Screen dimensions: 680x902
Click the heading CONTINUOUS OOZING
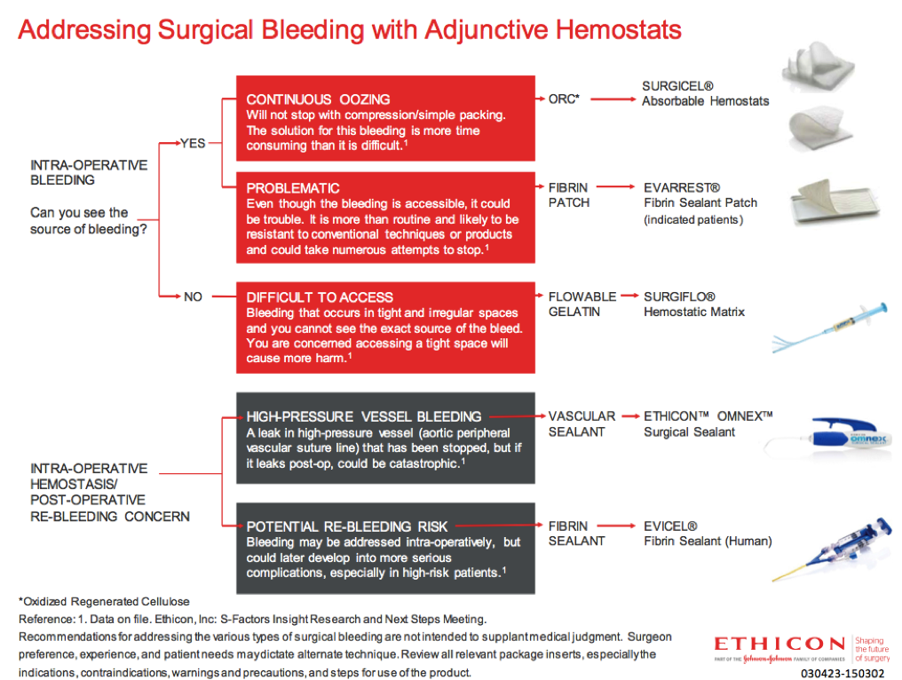[x=318, y=99]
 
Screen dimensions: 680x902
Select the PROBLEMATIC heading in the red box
[x=293, y=188]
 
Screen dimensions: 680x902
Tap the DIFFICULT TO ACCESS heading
[x=320, y=297]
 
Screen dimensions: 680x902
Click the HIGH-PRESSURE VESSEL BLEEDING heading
[x=364, y=416]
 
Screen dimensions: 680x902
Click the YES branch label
[x=193, y=143]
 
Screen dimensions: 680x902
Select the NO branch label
[x=193, y=297]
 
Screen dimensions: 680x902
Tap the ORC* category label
[x=564, y=99]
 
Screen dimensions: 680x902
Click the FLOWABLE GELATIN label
[x=582, y=304]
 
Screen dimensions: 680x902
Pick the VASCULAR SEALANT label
[x=582, y=423]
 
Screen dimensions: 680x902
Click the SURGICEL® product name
[x=677, y=86]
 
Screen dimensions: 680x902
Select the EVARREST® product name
[x=682, y=188]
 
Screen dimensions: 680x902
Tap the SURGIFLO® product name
[x=679, y=297]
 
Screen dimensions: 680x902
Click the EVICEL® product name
[x=670, y=526]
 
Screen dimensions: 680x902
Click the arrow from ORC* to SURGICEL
[x=613, y=99]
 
